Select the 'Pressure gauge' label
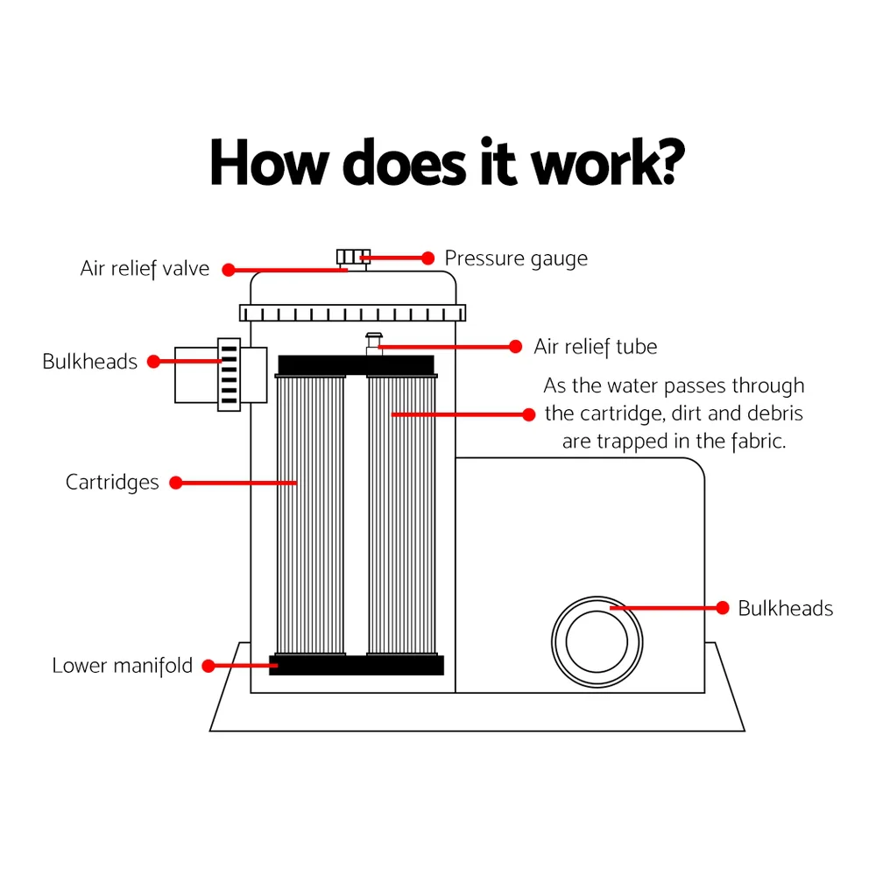click(516, 258)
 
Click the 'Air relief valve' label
click(145, 268)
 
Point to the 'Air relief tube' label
click(595, 347)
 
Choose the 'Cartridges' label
click(112, 482)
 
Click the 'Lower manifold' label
click(122, 666)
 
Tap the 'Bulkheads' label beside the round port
click(785, 608)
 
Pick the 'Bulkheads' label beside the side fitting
click(89, 362)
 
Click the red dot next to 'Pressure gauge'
click(428, 258)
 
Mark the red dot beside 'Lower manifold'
click(209, 667)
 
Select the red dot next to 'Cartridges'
click(176, 483)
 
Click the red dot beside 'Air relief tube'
click(516, 347)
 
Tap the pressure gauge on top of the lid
click(354, 257)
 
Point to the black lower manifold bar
click(357, 666)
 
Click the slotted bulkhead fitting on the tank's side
click(228, 375)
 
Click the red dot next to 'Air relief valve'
click(229, 270)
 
